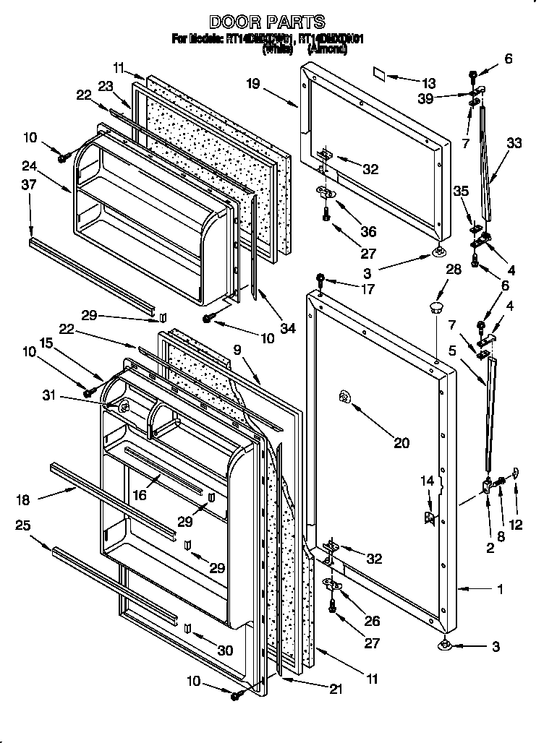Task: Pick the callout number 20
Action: click(x=401, y=443)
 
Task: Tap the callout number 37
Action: click(x=28, y=186)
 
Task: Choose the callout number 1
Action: click(x=499, y=589)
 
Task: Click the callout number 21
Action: click(x=335, y=690)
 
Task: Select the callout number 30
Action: click(x=225, y=650)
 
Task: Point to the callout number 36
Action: click(x=368, y=231)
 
